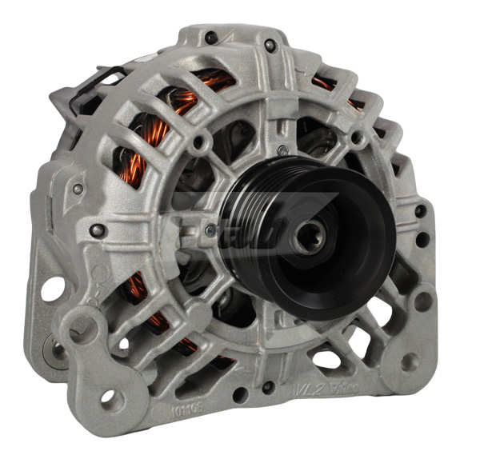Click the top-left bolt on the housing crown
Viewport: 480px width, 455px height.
point(210,37)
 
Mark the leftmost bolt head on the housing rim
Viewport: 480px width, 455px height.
point(78,189)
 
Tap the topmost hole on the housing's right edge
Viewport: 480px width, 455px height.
point(420,211)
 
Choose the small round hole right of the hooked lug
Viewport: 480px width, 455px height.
point(122,344)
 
